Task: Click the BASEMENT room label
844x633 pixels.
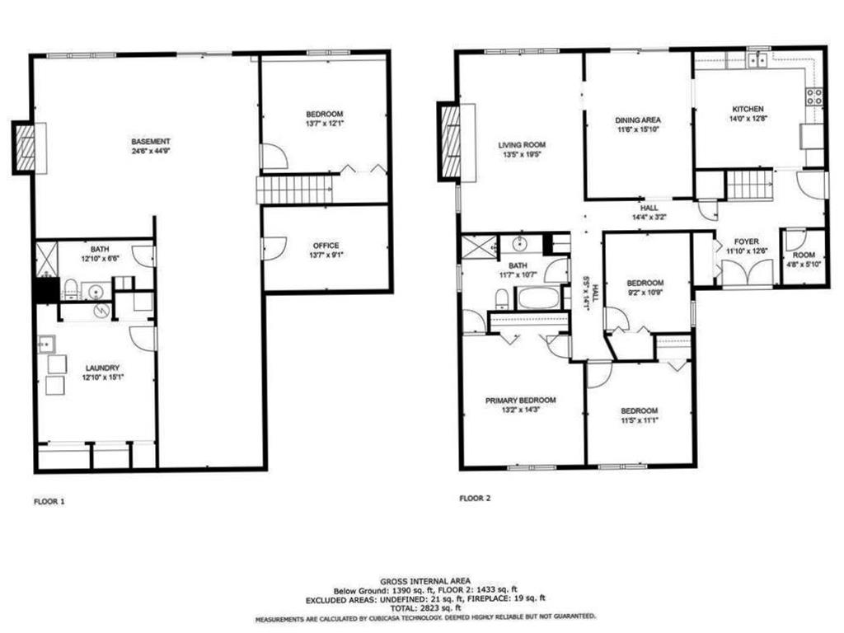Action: (150, 141)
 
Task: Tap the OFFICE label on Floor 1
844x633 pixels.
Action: (326, 246)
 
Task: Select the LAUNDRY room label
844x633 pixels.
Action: (102, 368)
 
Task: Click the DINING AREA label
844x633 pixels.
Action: (638, 120)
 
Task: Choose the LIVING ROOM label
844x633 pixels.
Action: (522, 144)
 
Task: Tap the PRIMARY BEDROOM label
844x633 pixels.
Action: (520, 401)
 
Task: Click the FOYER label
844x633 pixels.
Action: (735, 242)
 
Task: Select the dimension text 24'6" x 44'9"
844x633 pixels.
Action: (150, 152)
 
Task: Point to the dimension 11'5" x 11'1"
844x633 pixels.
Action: (639, 421)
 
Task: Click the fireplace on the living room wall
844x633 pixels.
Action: (451, 142)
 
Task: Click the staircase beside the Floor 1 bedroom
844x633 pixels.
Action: (294, 189)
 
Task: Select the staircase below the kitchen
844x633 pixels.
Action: (748, 185)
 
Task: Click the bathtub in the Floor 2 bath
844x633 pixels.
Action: (538, 298)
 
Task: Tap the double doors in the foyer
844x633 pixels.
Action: (747, 272)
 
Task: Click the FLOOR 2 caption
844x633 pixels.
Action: (475, 498)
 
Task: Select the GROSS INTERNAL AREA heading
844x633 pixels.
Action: (424, 580)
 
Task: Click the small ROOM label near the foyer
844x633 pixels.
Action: (803, 255)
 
